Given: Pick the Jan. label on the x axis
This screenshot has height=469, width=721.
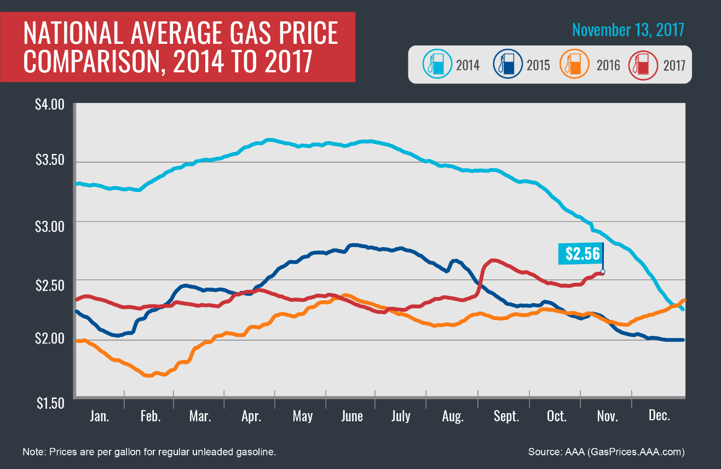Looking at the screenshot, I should point(100,416).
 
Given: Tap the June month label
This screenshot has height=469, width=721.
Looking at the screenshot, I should point(351,416).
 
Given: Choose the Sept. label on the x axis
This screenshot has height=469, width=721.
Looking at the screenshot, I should point(506,416).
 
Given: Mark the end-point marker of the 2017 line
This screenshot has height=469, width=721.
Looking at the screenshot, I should point(603,272).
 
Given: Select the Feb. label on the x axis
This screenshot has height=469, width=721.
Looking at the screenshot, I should point(150,416).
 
